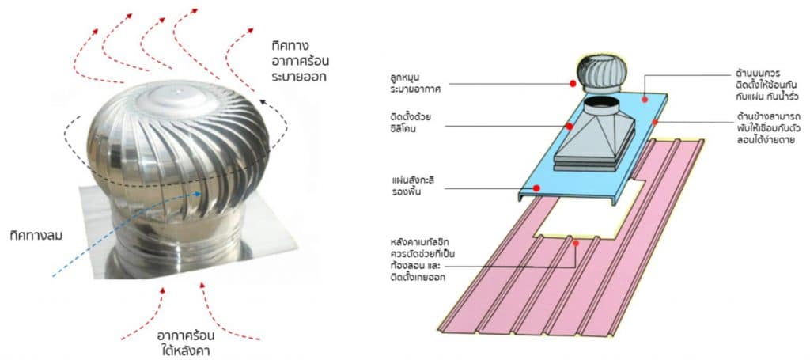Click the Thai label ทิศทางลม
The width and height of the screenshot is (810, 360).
(36, 236)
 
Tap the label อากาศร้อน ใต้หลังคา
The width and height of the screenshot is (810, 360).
(185, 343)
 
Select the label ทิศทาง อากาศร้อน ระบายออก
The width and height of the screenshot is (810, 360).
(300, 60)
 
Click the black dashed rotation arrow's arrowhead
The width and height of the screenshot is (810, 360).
(264, 103)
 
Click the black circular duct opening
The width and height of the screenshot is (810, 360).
(601, 104)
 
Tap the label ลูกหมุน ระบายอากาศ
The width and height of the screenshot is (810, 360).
(413, 83)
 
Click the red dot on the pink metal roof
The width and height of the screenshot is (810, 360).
(575, 243)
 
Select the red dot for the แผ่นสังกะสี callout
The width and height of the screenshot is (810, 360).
(536, 188)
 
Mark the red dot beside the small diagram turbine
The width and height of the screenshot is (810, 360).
(573, 83)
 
